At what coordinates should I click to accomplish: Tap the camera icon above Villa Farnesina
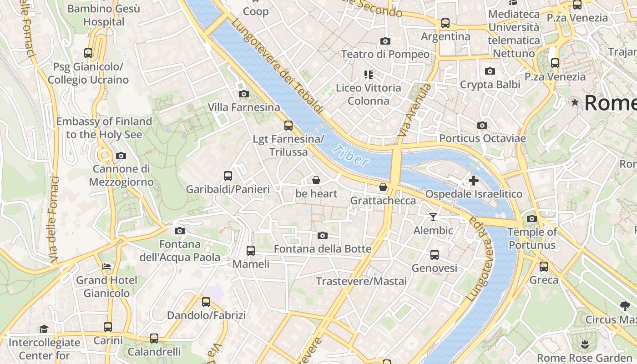(x=244, y=94)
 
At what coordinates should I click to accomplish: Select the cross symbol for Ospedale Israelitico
(x=474, y=181)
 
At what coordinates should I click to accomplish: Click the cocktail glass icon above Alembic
(x=433, y=217)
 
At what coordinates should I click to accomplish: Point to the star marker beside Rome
(x=575, y=103)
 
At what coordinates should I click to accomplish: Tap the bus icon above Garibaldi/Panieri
(x=228, y=176)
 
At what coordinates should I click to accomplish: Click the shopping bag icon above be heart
(x=316, y=181)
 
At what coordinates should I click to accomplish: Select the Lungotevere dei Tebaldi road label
(x=277, y=66)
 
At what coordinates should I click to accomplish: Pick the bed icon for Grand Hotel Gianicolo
(x=106, y=267)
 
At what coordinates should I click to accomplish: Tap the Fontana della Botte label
(x=323, y=249)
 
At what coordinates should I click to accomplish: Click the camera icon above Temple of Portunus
(x=532, y=219)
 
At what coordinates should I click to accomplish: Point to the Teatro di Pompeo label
(x=385, y=54)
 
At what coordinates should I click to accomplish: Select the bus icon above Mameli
(x=251, y=250)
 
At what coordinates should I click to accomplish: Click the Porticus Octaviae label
(x=482, y=138)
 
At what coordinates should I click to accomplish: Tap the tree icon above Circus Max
(x=625, y=306)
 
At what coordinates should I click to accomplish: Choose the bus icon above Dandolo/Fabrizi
(x=206, y=302)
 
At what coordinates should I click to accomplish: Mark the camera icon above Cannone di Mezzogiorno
(x=121, y=156)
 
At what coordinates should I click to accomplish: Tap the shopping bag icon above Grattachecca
(x=383, y=187)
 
